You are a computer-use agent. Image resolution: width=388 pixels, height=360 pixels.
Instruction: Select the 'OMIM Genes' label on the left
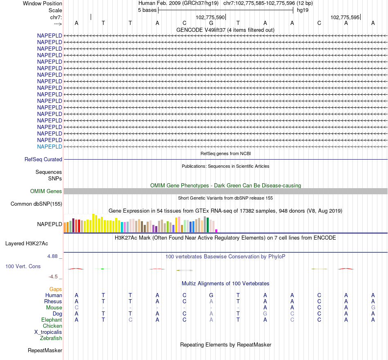tap(46, 191)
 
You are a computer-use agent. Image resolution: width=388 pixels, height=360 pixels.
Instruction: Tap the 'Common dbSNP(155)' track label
tap(36, 204)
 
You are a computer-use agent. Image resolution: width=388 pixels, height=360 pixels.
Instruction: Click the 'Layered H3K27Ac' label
tap(27, 244)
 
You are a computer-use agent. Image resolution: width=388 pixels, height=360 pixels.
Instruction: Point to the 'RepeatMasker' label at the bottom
tap(45, 350)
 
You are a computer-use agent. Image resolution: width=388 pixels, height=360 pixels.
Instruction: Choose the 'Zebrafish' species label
tap(51, 338)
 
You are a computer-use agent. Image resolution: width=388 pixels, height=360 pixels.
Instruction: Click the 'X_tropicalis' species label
tap(48, 332)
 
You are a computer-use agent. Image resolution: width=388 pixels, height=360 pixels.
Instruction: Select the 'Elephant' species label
tap(52, 320)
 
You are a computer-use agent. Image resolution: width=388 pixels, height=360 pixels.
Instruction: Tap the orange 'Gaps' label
tap(56, 289)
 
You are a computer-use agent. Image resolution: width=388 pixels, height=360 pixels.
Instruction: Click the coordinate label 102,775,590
tap(210, 18)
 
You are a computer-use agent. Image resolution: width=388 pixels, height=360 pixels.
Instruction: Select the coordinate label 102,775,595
tap(345, 18)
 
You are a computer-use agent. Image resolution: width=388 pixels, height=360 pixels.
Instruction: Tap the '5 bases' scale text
tap(147, 10)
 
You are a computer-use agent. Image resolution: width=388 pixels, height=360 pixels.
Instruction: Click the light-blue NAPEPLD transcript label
tap(49, 147)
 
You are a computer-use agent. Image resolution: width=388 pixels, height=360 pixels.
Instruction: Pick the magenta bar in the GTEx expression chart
tap(216, 231)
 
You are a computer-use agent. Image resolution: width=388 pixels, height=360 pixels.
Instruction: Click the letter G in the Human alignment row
tap(211, 295)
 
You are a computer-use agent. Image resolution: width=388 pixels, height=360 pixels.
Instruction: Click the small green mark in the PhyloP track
tap(102, 269)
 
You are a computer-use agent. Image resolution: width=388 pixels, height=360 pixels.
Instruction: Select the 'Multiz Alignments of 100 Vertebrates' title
tap(225, 283)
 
